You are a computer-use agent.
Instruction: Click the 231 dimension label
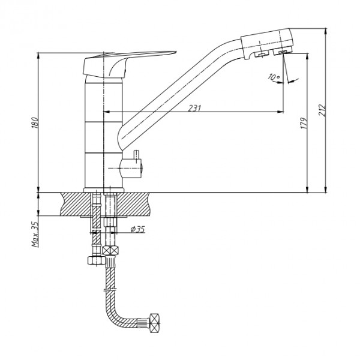[x=194, y=108]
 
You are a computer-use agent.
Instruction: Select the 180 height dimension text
[x=35, y=122]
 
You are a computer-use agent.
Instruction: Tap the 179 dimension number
[x=304, y=123]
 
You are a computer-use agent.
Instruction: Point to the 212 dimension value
[x=322, y=110]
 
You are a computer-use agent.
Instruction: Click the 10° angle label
[x=274, y=77]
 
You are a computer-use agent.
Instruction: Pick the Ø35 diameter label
[x=138, y=229]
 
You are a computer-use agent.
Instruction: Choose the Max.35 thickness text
[x=35, y=234]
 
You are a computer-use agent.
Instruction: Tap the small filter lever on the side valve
[x=137, y=154]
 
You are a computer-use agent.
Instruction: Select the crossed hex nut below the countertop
[x=110, y=250]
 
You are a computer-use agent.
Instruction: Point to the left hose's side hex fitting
[x=97, y=260]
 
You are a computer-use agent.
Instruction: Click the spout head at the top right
[x=266, y=44]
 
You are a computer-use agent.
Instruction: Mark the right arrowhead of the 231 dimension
[x=281, y=112]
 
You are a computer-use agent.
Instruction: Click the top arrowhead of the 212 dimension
[x=326, y=31]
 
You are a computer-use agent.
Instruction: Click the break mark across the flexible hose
[x=110, y=289]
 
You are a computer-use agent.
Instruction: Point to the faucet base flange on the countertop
[x=104, y=190]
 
